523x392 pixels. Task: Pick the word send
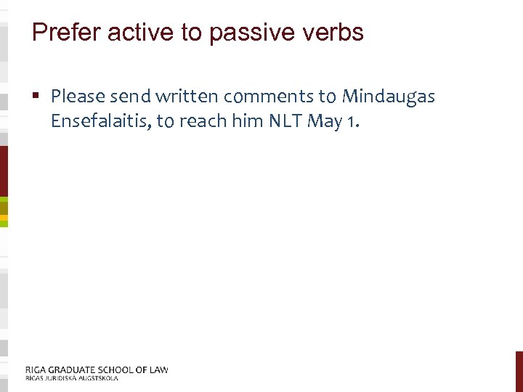[x=128, y=96]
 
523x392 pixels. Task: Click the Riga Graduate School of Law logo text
[x=97, y=369]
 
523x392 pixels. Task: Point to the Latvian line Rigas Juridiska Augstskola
[x=71, y=378]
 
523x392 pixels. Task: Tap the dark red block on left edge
[x=4, y=171]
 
